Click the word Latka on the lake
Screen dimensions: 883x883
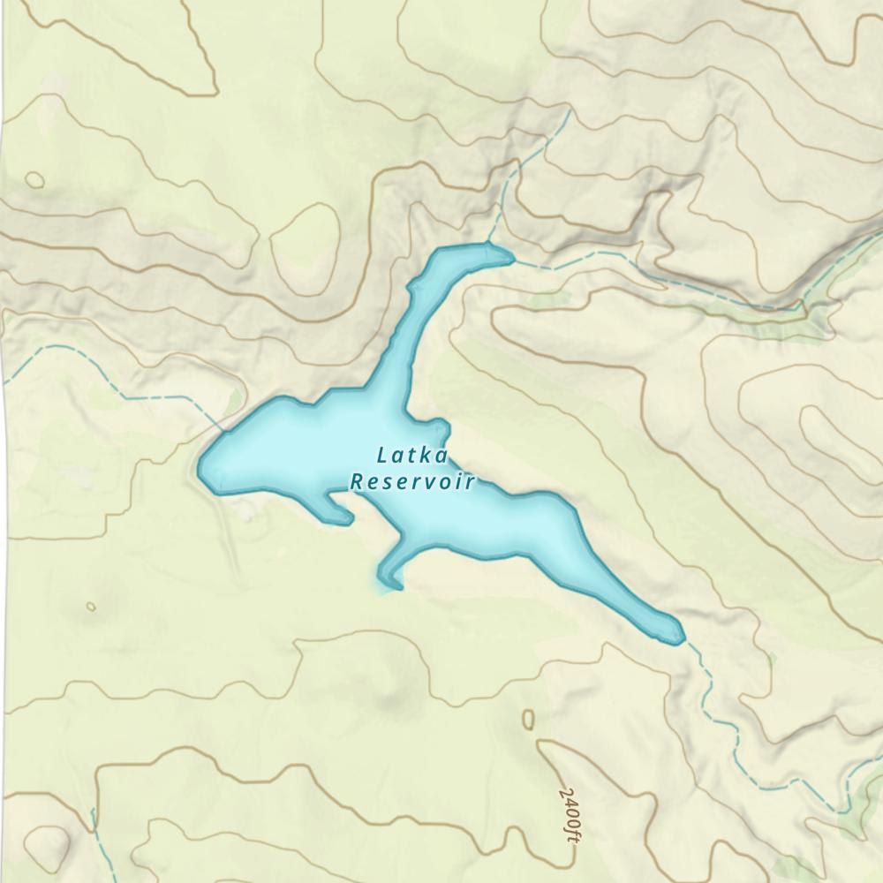coord(413,457)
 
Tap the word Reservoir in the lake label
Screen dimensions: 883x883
coord(412,482)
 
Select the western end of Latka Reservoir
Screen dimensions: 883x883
coord(202,465)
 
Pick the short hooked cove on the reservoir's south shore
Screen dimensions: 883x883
coord(339,513)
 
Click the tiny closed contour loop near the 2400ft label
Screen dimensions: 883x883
coord(528,719)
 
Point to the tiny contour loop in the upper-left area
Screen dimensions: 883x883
coord(34,180)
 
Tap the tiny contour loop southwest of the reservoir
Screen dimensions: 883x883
coord(91,607)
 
